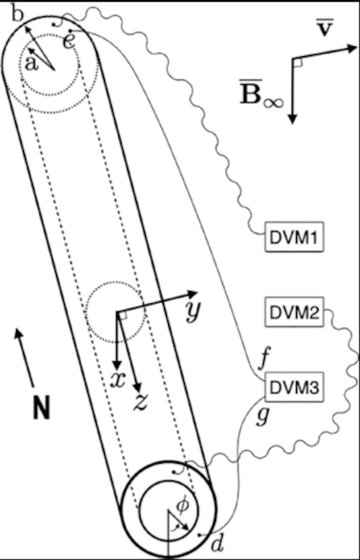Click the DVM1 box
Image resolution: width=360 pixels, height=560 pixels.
(293, 237)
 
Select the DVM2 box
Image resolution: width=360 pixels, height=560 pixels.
(293, 312)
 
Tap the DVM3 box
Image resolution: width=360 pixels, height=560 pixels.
(293, 386)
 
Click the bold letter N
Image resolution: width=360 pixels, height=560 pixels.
(41, 410)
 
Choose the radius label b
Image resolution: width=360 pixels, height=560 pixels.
(17, 13)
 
